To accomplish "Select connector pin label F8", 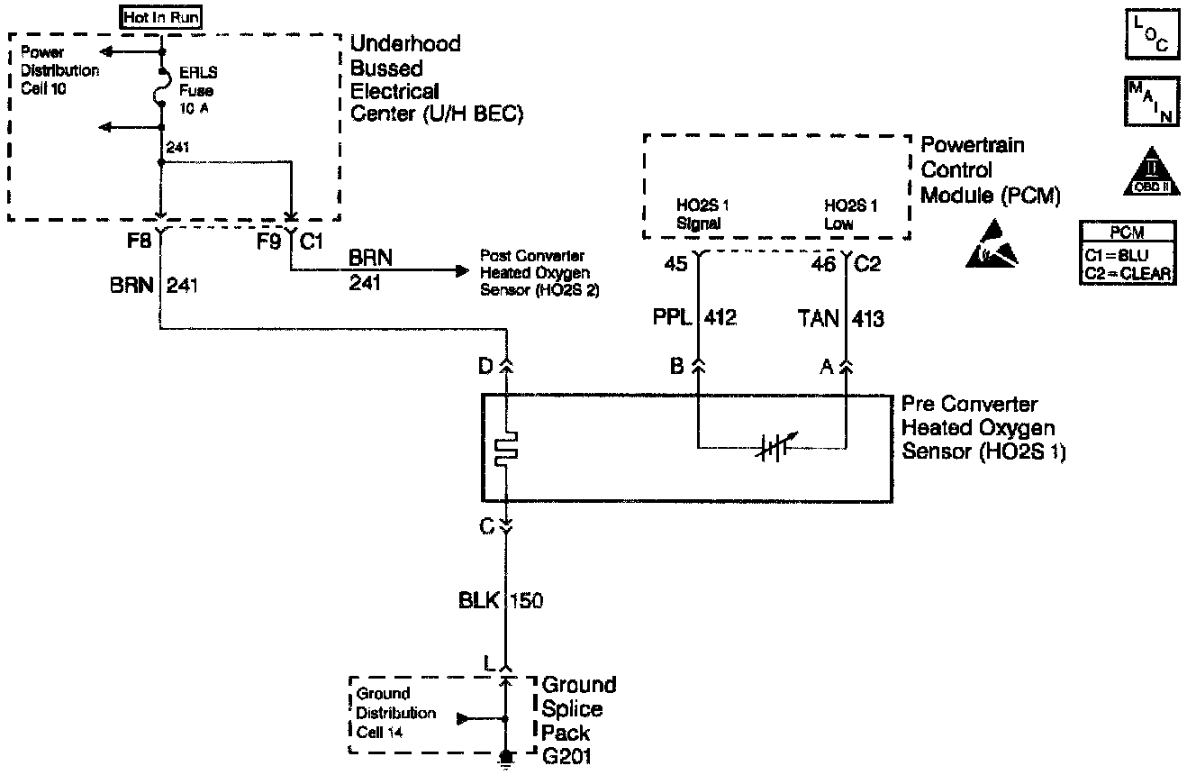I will click(140, 242).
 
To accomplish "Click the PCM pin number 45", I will click(676, 264).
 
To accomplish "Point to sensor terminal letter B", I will click(676, 367).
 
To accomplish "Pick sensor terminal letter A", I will click(825, 367).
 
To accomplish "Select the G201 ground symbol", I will click(507, 759).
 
